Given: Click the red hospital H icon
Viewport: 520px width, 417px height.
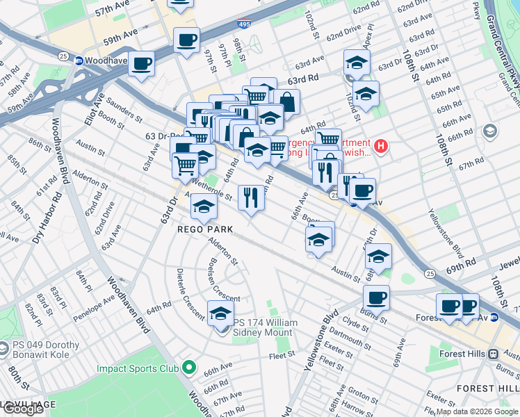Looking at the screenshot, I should [x=381, y=147].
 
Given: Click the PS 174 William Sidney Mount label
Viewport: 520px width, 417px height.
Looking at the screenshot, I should [x=265, y=327].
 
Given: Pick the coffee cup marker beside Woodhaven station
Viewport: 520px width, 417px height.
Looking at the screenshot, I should [x=141, y=65].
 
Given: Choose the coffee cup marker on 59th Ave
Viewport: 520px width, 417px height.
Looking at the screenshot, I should [x=186, y=41].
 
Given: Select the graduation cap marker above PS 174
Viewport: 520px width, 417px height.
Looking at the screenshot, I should [x=221, y=313].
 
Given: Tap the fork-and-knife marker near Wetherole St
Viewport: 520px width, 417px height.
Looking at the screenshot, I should [x=251, y=197].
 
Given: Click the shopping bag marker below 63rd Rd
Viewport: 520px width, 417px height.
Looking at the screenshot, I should [x=286, y=101].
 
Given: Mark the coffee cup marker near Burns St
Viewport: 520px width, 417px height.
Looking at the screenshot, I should [x=376, y=298].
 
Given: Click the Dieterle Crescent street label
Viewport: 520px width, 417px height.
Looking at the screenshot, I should [x=188, y=291].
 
